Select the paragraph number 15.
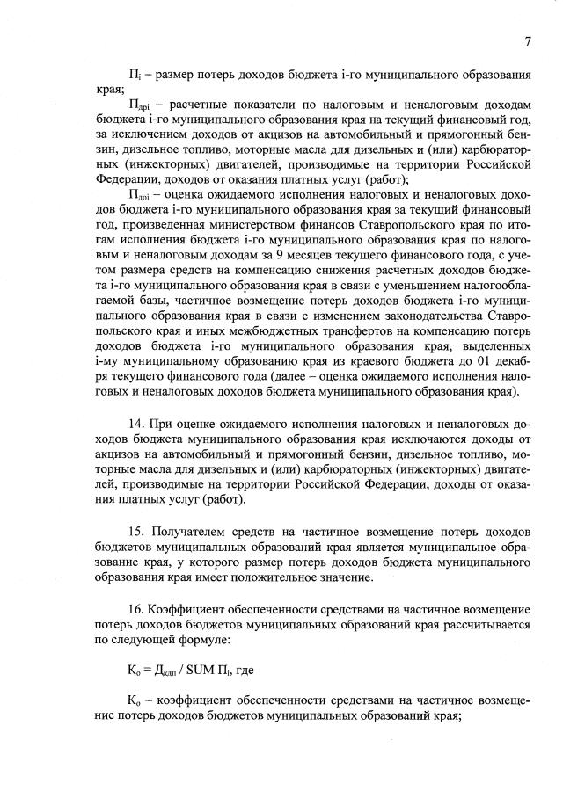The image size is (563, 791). coord(136,532)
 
